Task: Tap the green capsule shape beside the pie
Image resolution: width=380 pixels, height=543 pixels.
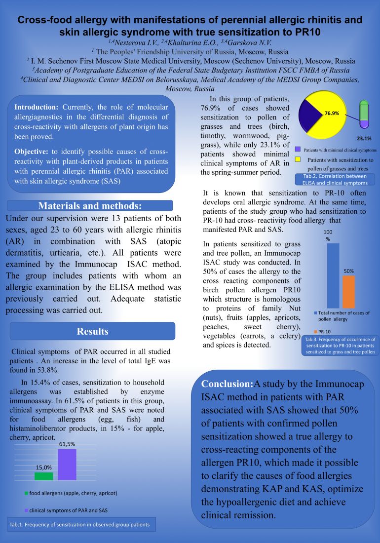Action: coord(364,113)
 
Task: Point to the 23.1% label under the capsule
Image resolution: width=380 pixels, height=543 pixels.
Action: coord(364,139)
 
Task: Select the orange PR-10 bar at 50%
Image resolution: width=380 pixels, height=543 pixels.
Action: coord(348,292)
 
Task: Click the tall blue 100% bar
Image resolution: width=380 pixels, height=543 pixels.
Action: coord(333,275)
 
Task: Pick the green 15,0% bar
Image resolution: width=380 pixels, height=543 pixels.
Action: coord(43,476)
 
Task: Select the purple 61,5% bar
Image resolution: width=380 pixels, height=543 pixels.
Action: coord(67,464)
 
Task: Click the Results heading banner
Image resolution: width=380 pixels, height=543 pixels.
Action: coord(92,331)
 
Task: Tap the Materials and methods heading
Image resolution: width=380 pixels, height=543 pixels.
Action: coord(90,206)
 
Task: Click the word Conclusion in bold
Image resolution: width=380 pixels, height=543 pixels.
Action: coord(227,384)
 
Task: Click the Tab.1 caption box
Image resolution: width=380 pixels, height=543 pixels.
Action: coord(82,524)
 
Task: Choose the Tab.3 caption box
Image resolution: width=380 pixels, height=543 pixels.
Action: coord(340,346)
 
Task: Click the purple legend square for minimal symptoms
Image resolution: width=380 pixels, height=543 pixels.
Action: coord(298,149)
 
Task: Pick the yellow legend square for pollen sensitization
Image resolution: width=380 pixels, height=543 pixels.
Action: coord(298,159)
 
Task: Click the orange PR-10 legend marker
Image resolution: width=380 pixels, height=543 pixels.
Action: coord(315,330)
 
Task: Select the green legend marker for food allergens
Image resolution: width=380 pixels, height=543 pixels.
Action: coord(26,493)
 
